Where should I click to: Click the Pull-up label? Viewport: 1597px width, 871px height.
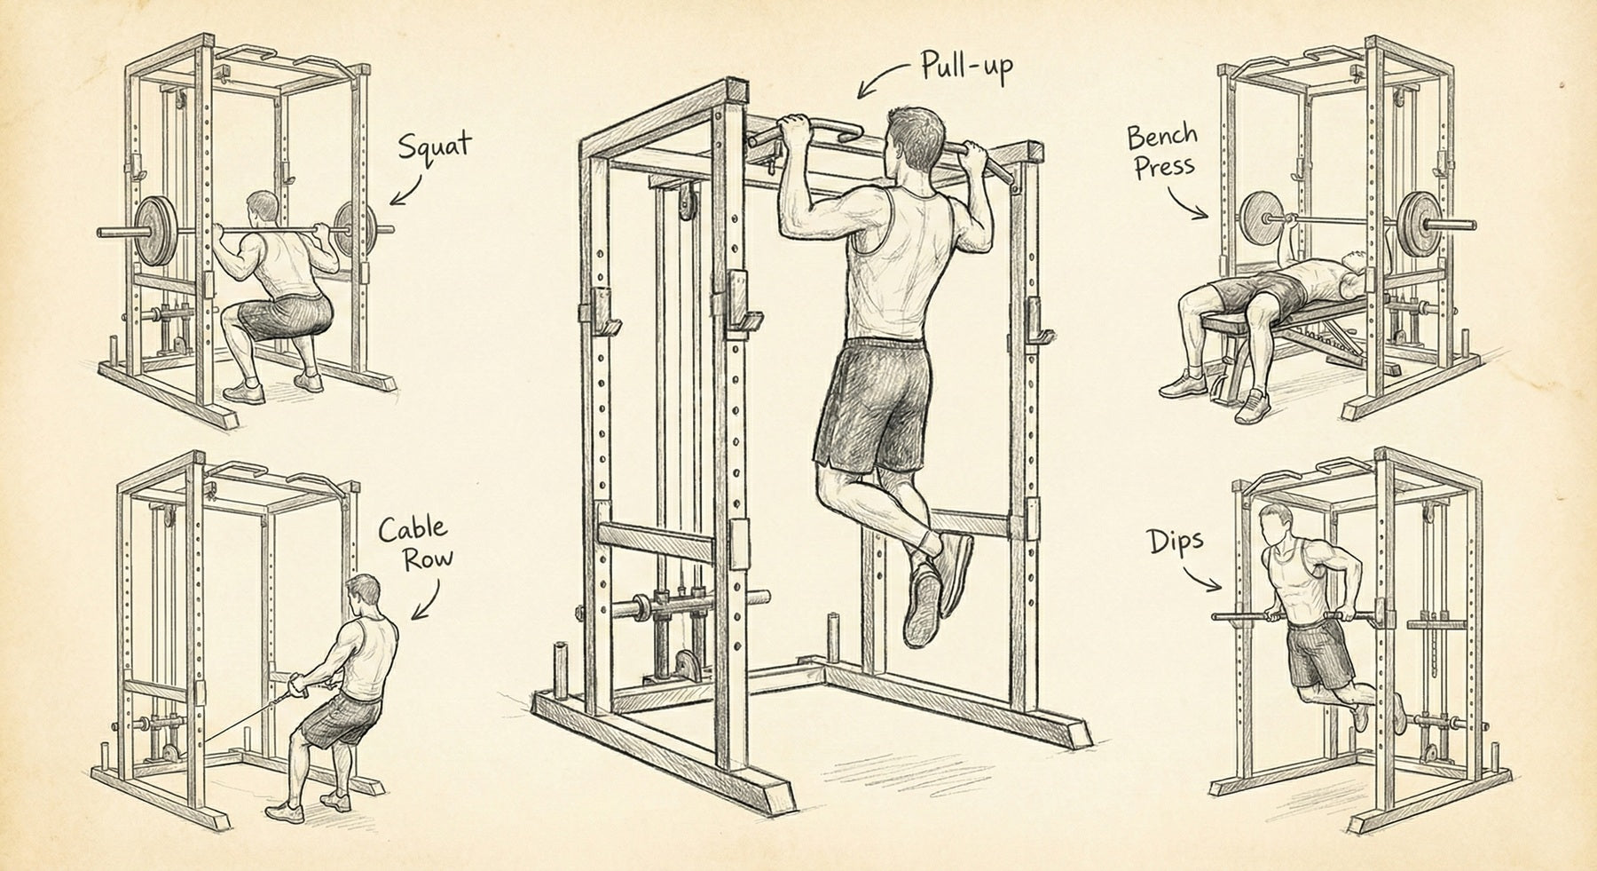(x=966, y=68)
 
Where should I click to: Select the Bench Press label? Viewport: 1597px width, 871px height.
(x=1162, y=152)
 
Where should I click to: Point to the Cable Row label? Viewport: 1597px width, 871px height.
(x=413, y=543)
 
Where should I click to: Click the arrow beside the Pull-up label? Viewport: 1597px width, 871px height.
(x=884, y=81)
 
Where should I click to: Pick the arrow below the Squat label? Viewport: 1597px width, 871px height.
(x=407, y=189)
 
